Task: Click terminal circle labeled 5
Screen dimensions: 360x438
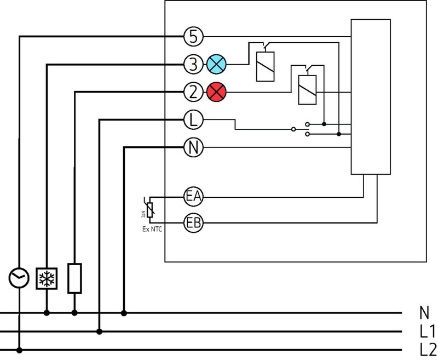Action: pyautogui.click(x=193, y=37)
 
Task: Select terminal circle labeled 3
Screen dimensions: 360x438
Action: pyautogui.click(x=193, y=65)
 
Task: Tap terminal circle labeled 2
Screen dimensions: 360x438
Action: pyautogui.click(x=193, y=92)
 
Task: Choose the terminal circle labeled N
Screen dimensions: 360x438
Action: pyautogui.click(x=193, y=147)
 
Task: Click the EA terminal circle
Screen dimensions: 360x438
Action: pyautogui.click(x=193, y=196)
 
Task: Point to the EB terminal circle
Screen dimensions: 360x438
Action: pyautogui.click(x=193, y=223)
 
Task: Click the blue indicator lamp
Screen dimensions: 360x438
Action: pyautogui.click(x=216, y=65)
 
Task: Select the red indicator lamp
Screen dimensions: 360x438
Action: pyautogui.click(x=216, y=92)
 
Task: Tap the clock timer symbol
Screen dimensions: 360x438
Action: pyautogui.click(x=19, y=278)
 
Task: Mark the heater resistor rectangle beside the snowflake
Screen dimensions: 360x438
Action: pyautogui.click(x=74, y=278)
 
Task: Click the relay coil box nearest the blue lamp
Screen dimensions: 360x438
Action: pyautogui.click(x=266, y=66)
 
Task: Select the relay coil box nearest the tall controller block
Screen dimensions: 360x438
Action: pyautogui.click(x=306, y=89)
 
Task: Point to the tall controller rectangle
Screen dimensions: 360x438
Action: pyautogui.click(x=371, y=98)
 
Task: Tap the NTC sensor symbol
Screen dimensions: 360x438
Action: pyautogui.click(x=149, y=209)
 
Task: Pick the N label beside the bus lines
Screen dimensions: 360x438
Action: pyautogui.click(x=424, y=313)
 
